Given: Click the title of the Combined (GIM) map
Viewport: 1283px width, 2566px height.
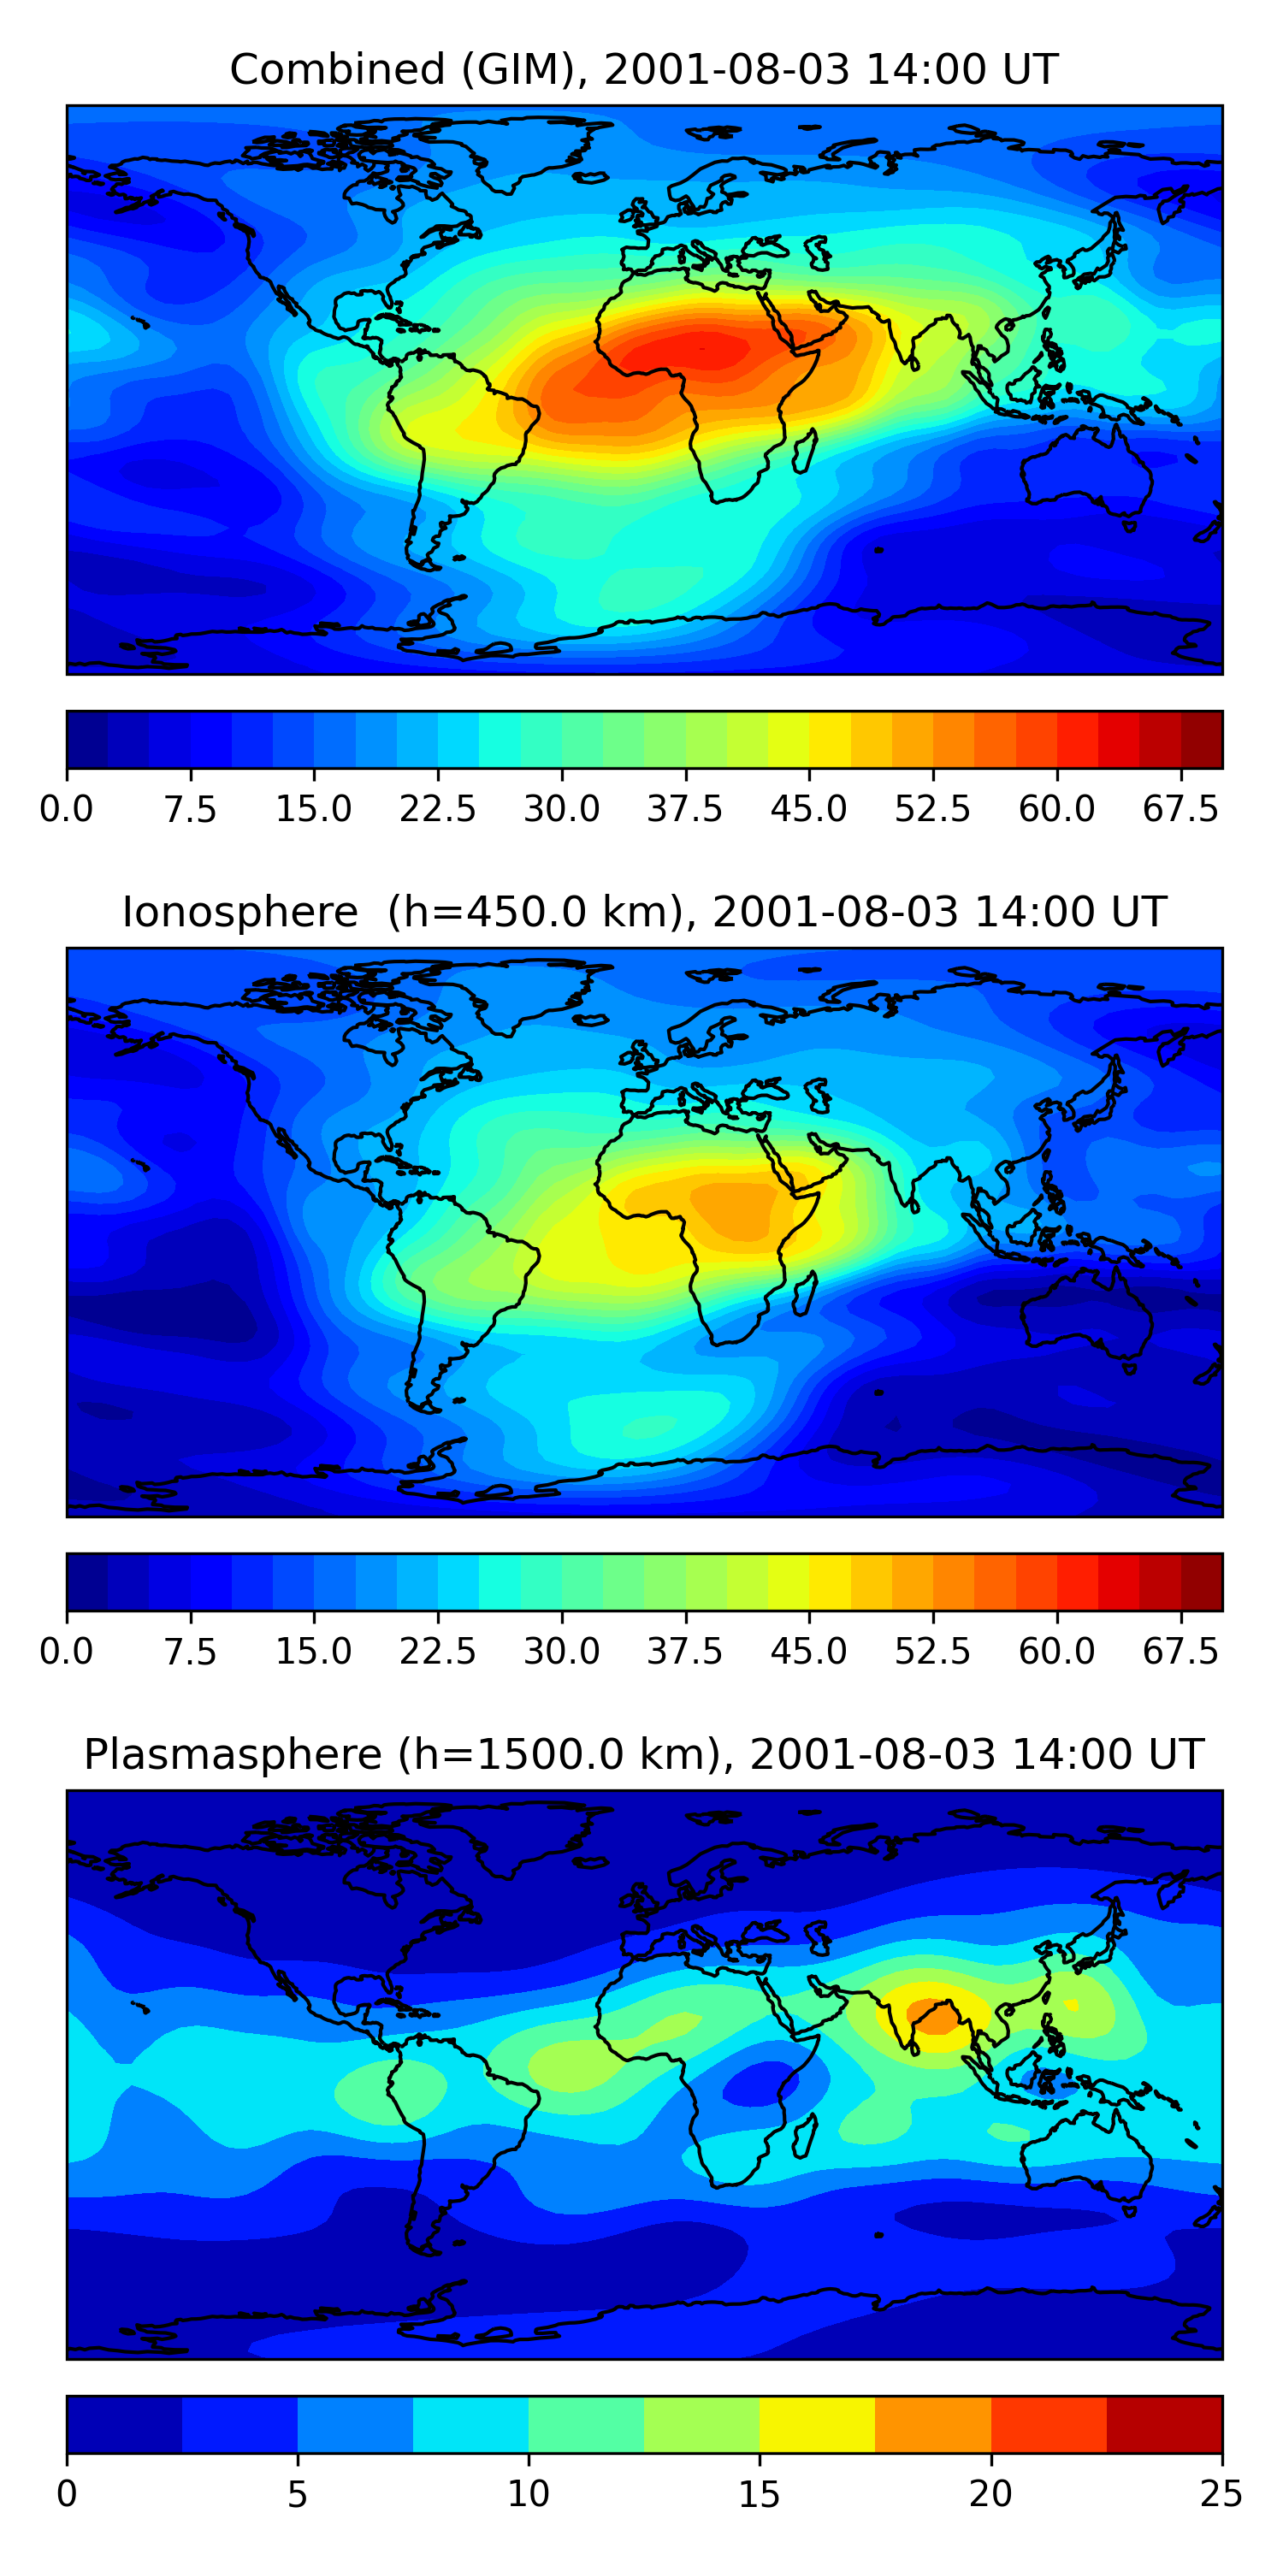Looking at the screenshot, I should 642,70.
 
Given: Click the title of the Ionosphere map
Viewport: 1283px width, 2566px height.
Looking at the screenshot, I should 642,913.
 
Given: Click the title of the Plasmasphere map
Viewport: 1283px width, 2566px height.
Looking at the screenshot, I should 642,1754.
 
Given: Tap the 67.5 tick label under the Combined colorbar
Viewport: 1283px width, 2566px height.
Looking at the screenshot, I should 1180,809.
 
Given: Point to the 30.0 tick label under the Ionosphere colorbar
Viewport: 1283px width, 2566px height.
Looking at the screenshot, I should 562,1652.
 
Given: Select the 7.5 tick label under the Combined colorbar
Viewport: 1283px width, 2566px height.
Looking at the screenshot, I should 190,809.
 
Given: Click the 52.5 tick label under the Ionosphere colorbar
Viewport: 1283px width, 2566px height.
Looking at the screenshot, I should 932,1652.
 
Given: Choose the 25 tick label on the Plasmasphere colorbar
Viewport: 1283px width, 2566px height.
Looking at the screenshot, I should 1221,2494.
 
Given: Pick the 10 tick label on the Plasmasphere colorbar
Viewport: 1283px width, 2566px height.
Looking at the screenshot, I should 528,2494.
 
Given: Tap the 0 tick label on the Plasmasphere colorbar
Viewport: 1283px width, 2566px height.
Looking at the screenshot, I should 67,2494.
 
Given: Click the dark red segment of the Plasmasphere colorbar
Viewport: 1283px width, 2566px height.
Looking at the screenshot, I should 1163,2423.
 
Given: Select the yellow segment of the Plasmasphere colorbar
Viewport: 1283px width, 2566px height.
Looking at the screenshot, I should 817,2423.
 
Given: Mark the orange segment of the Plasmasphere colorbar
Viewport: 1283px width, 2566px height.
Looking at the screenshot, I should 932,2423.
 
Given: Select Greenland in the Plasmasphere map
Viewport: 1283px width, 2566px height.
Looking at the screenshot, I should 528,1838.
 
